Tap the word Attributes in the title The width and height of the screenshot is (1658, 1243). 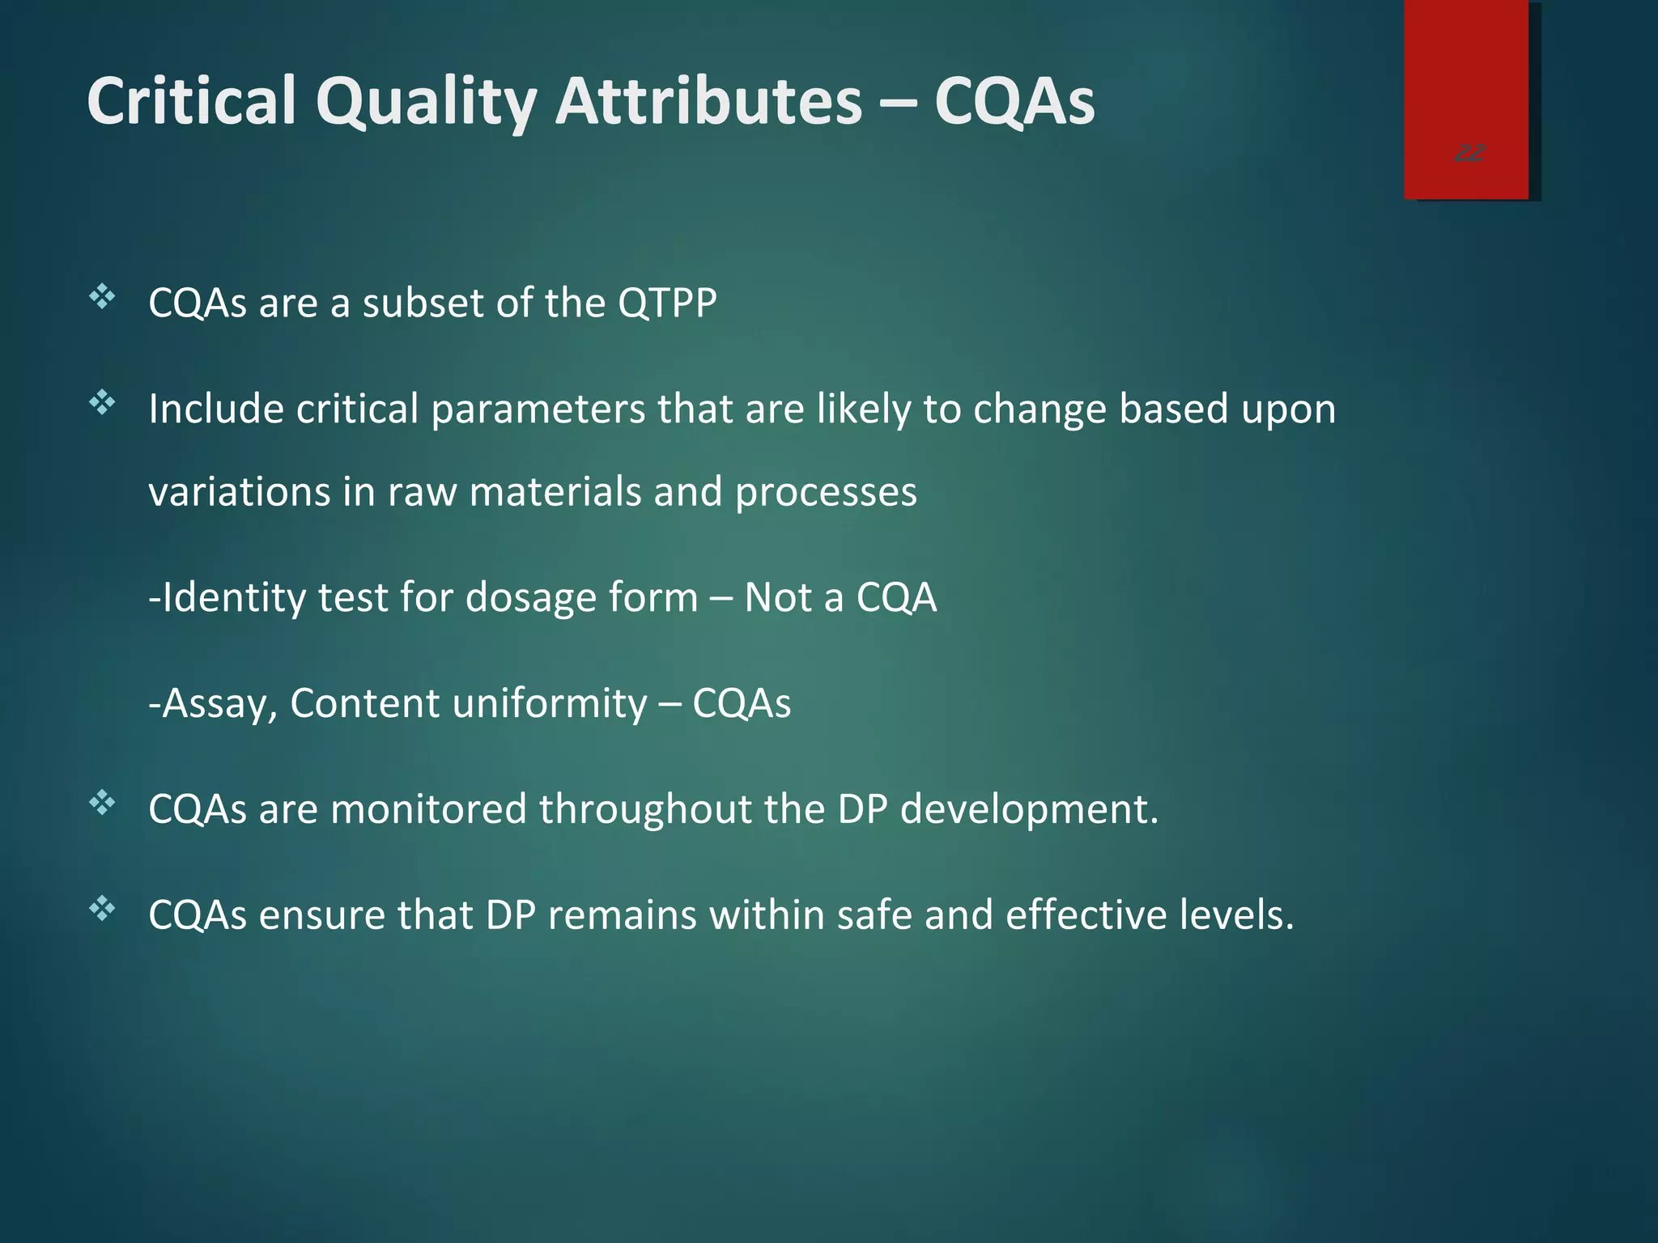pyautogui.click(x=709, y=101)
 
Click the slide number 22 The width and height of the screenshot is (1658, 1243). pyautogui.click(x=1469, y=153)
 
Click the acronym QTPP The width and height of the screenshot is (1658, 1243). pyautogui.click(x=667, y=303)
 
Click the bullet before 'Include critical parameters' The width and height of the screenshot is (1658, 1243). pyautogui.click(x=103, y=402)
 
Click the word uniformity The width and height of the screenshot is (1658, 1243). pyautogui.click(x=550, y=704)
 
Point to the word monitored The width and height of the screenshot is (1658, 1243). pyautogui.click(x=428, y=809)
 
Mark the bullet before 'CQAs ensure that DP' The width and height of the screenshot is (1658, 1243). pyautogui.click(x=103, y=909)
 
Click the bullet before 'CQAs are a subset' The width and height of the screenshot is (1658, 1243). pyautogui.click(x=103, y=297)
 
